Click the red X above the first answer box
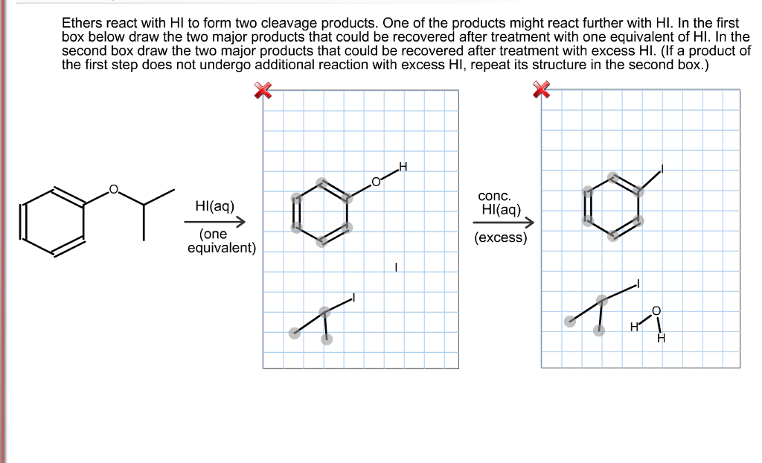[263, 91]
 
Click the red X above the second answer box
[541, 91]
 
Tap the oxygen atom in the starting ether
[114, 189]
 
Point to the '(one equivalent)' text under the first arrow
[221, 240]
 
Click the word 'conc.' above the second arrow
[494, 196]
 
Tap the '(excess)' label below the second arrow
[501, 238]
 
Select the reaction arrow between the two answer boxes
[503, 223]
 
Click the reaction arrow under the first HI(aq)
[215, 220]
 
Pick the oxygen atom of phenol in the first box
[376, 181]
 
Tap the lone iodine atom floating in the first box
[397, 266]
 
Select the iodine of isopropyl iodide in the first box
[353, 297]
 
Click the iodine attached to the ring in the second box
[662, 170]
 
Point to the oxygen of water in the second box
[656, 310]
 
